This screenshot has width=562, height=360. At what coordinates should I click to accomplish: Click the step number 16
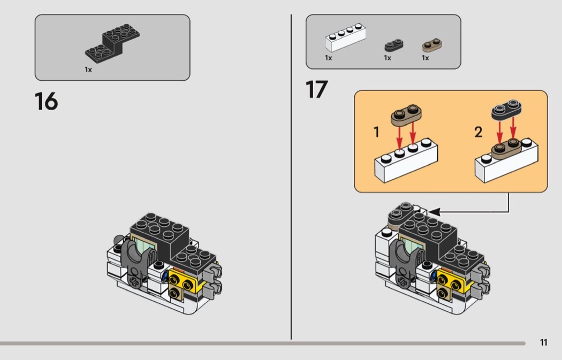pos(46,102)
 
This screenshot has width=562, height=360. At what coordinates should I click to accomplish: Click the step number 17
pos(316,89)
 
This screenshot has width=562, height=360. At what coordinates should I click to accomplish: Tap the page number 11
pos(543,342)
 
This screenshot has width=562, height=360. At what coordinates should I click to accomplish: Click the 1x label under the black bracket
pos(88,70)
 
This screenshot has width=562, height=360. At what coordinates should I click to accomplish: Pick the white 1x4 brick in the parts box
pos(346,37)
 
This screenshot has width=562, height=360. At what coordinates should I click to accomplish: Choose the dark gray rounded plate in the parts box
pos(394,45)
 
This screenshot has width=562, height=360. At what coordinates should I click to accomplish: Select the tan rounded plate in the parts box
pos(432,45)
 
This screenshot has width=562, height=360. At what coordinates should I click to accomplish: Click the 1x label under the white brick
pos(328,58)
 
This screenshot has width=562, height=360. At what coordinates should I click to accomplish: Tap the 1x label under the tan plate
pos(426,58)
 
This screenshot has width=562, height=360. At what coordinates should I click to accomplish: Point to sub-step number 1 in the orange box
pos(376,132)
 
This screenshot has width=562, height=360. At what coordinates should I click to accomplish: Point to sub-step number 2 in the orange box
pos(478,132)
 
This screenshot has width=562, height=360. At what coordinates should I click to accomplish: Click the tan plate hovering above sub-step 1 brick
pos(406,115)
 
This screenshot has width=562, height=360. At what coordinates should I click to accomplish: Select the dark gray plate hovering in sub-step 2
pos(506,110)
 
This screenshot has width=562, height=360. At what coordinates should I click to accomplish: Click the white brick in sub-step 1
pos(406,161)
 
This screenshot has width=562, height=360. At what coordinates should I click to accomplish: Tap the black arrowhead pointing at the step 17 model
pos(434,212)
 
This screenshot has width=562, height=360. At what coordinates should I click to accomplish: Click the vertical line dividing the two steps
pos(291,177)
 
